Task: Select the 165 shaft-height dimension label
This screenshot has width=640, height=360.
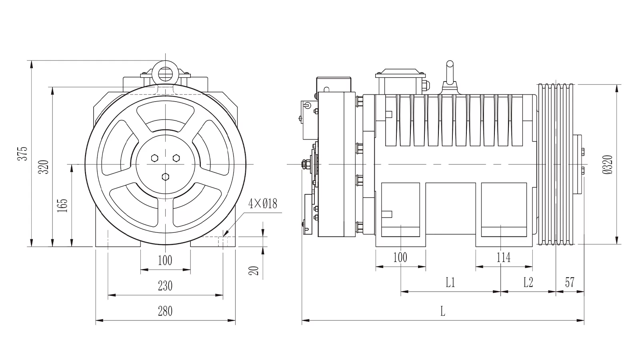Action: (x=62, y=205)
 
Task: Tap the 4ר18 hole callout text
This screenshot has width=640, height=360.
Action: (x=262, y=204)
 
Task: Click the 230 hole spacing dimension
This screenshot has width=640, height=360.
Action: (x=165, y=286)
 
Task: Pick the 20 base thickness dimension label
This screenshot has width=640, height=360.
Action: (x=254, y=270)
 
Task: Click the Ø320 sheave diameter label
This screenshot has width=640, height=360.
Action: (x=608, y=164)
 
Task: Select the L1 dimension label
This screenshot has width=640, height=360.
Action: (x=450, y=282)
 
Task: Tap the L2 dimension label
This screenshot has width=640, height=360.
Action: (x=528, y=282)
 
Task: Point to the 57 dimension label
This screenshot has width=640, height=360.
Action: (x=570, y=282)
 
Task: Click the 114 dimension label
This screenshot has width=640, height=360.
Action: (x=504, y=258)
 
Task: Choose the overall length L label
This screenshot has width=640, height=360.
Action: (x=442, y=311)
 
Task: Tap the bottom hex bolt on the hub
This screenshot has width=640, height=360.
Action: (x=166, y=177)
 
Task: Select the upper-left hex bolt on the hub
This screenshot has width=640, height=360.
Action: (x=154, y=158)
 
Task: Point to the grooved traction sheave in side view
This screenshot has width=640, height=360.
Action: (x=556, y=164)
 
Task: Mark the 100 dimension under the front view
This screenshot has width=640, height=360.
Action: (x=165, y=260)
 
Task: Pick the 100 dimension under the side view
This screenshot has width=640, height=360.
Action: (x=400, y=258)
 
